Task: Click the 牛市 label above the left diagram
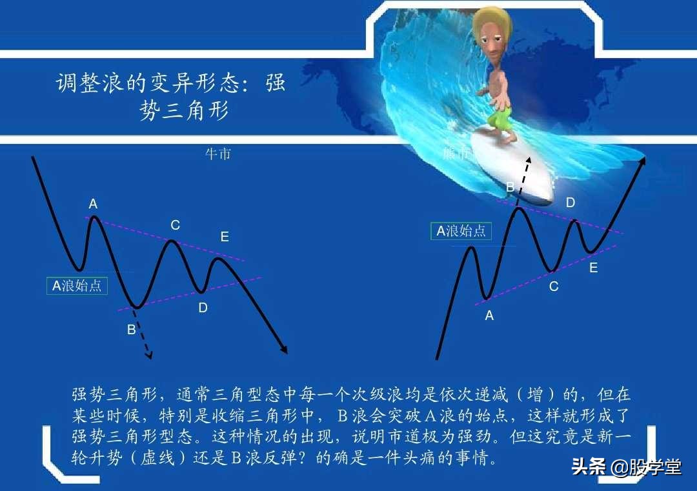[x=217, y=154]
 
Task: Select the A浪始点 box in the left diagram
[x=77, y=285]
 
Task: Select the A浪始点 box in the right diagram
[x=461, y=231]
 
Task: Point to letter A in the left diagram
[x=93, y=205]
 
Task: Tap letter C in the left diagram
[x=175, y=226]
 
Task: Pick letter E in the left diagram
[x=225, y=237]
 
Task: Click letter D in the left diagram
[x=203, y=308]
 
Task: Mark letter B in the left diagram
[x=131, y=330]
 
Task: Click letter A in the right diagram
[x=489, y=316]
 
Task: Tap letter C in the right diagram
[x=554, y=286]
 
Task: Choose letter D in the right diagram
[x=571, y=203]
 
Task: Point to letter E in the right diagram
[x=594, y=268]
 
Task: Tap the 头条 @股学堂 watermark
[x=626, y=467]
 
